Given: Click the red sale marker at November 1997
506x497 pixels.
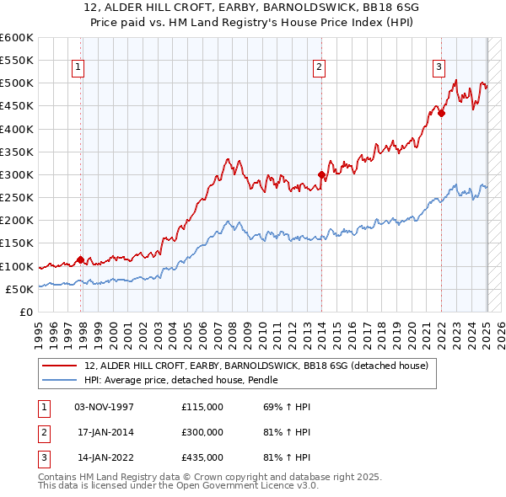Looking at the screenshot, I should (80, 259).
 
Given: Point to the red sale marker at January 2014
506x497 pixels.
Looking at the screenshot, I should (321, 175).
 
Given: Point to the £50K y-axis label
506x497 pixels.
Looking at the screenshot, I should (19, 290).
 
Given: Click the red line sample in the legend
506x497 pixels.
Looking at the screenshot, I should (61, 366).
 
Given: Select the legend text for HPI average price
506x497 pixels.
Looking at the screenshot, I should (181, 381).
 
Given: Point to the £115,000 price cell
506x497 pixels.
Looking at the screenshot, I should (202, 407).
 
